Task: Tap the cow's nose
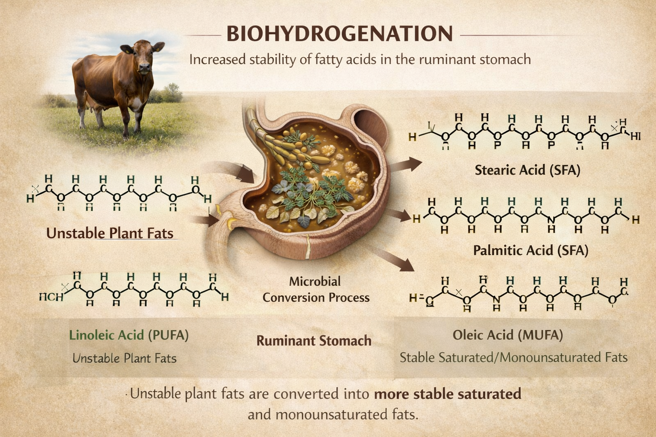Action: [144, 67]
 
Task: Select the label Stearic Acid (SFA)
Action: [527, 170]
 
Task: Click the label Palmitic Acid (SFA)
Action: [530, 250]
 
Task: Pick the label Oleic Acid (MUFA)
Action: [508, 335]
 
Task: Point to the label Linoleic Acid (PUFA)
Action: [129, 335]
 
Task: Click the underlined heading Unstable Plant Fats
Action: [110, 233]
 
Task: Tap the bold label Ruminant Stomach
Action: [313, 341]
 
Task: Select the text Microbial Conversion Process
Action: [316, 289]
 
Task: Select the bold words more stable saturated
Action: [447, 393]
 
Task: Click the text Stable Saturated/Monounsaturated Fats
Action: [513, 358]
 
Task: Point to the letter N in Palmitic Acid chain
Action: [551, 220]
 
